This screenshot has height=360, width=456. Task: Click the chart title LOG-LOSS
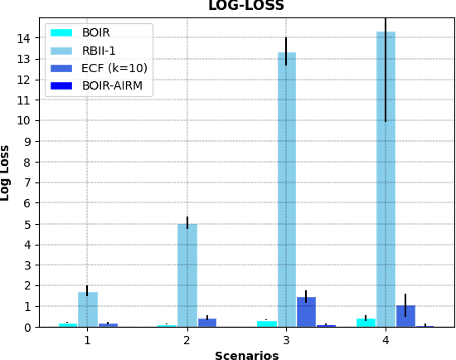pos(245,7)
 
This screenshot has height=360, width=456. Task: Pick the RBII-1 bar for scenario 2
pos(187,275)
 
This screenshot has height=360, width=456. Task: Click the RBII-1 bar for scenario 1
pos(88,309)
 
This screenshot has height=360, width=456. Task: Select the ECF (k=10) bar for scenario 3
pos(306,312)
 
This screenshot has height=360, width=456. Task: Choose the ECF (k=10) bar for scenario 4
pos(405,316)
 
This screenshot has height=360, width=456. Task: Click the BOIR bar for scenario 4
pos(366,322)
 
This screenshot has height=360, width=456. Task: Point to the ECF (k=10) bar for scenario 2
pos(207,322)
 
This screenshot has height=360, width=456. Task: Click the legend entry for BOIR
pos(96,33)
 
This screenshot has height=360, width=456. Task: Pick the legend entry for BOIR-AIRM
pos(112,85)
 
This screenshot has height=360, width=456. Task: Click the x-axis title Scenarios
pos(246,356)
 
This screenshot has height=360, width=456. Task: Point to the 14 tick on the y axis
pos(27,38)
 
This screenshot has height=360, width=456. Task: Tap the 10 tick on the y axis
pos(27,121)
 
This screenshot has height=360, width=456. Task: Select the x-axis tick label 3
pos(286,340)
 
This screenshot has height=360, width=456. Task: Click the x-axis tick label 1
pos(87,340)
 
